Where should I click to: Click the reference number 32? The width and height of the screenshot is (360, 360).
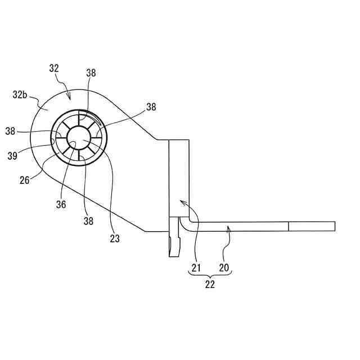tap(54, 68)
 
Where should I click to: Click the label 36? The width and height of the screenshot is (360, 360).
tap(61, 205)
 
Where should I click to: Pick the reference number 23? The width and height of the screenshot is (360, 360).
tap(114, 238)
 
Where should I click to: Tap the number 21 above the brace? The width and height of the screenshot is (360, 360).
tap(196, 268)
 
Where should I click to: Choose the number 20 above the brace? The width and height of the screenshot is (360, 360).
tap(223, 268)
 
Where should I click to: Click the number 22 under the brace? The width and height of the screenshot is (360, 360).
tap(209, 285)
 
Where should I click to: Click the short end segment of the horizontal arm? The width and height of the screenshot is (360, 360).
tap(312, 226)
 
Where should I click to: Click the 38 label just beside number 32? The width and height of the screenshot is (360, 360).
tap(91, 73)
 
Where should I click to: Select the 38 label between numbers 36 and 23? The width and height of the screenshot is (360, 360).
tap(88, 222)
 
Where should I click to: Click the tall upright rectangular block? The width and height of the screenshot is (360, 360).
tap(179, 177)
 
